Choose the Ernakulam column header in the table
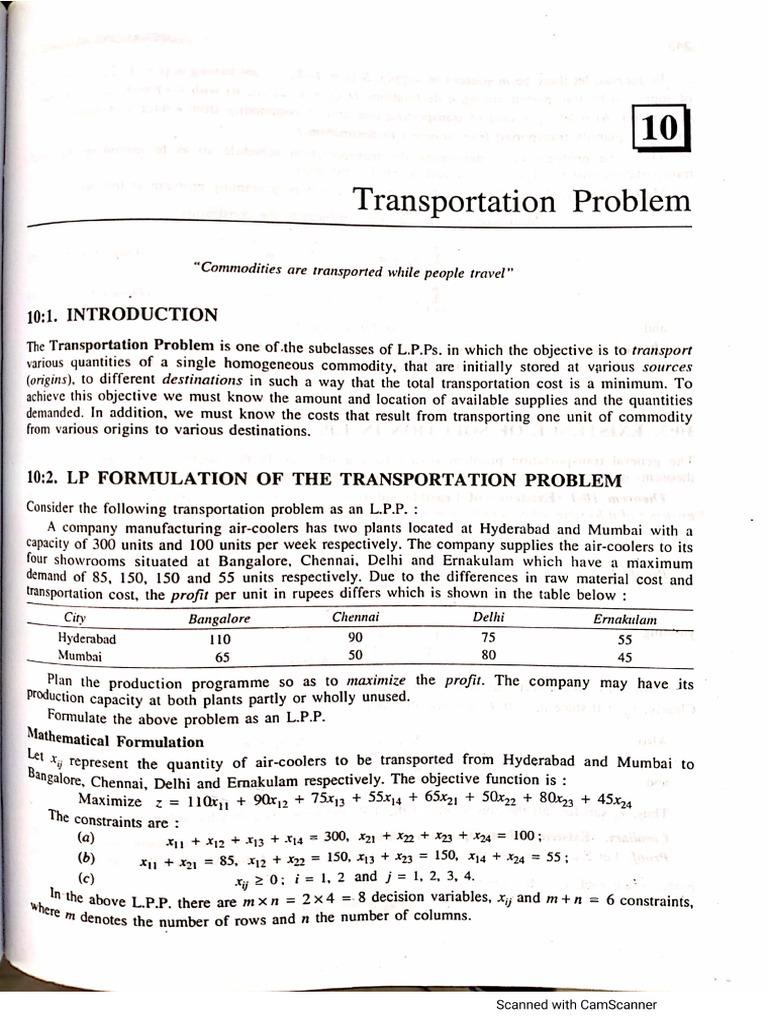point(625,620)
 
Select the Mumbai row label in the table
point(81,657)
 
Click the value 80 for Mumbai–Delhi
point(488,656)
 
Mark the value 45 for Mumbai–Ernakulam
point(625,657)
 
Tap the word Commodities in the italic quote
point(236,270)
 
